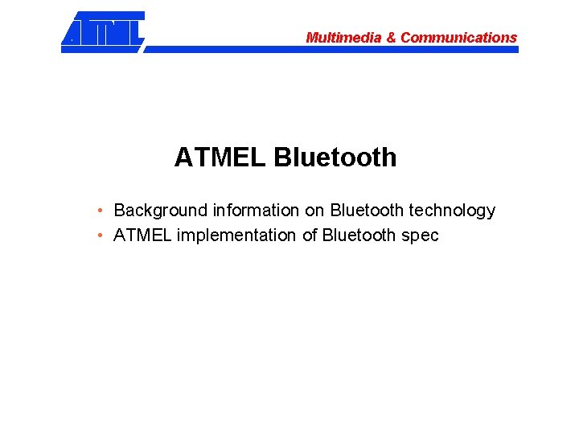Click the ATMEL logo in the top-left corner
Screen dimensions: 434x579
103,31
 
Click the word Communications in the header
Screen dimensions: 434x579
458,38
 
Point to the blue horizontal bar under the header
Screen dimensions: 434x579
330,49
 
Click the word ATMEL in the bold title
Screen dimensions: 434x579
219,158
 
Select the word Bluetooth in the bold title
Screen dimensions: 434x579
335,158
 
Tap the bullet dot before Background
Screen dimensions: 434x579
98,211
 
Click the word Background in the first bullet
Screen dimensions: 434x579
161,211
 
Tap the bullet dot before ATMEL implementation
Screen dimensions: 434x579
98,235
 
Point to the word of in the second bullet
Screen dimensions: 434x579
310,235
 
